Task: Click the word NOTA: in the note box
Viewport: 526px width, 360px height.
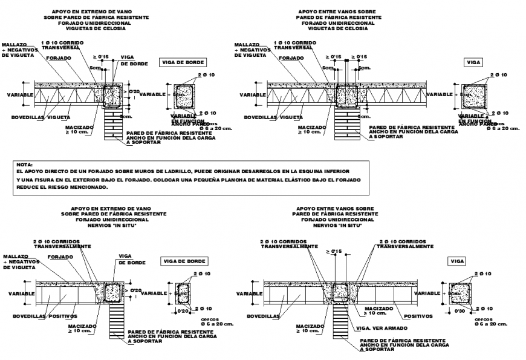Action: point(26,165)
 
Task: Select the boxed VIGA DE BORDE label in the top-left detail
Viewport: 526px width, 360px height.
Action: point(183,62)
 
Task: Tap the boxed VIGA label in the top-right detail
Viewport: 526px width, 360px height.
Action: point(473,62)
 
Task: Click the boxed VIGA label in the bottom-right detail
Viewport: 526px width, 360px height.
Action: point(457,261)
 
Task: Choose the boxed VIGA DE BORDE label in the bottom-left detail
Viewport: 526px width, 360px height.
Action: point(184,261)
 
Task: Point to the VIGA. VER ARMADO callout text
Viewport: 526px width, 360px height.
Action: point(379,329)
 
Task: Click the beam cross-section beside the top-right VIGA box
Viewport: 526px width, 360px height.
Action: point(472,95)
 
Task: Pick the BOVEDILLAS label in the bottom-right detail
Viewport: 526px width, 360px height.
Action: point(262,316)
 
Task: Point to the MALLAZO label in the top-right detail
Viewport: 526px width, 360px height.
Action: point(247,44)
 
